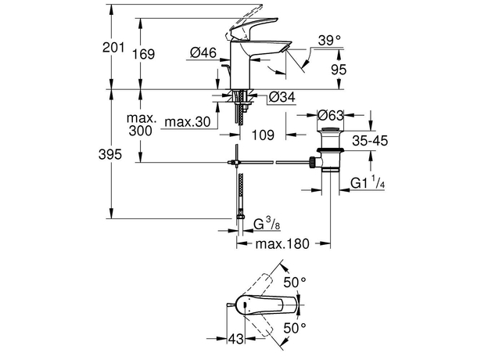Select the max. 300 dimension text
point(142,126)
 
